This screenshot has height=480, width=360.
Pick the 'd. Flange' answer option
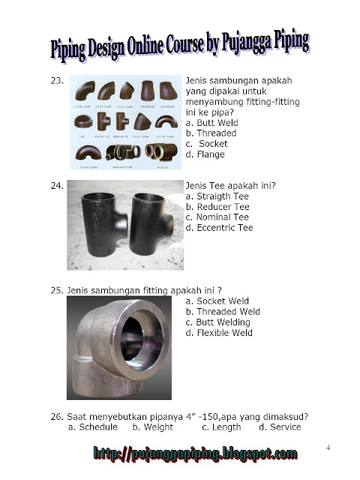(x=205, y=154)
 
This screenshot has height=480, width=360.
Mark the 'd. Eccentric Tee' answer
(x=219, y=227)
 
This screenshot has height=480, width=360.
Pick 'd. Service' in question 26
(x=280, y=427)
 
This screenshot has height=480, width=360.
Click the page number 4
(x=328, y=448)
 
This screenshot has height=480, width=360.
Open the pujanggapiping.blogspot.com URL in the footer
(x=195, y=454)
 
